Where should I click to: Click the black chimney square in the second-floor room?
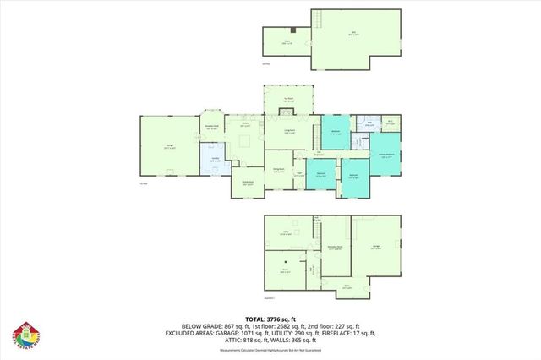point(292,30)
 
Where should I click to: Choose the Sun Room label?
point(288,100)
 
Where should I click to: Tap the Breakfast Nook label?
point(213,128)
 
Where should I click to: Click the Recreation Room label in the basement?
point(336,248)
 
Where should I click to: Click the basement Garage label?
point(376,247)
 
